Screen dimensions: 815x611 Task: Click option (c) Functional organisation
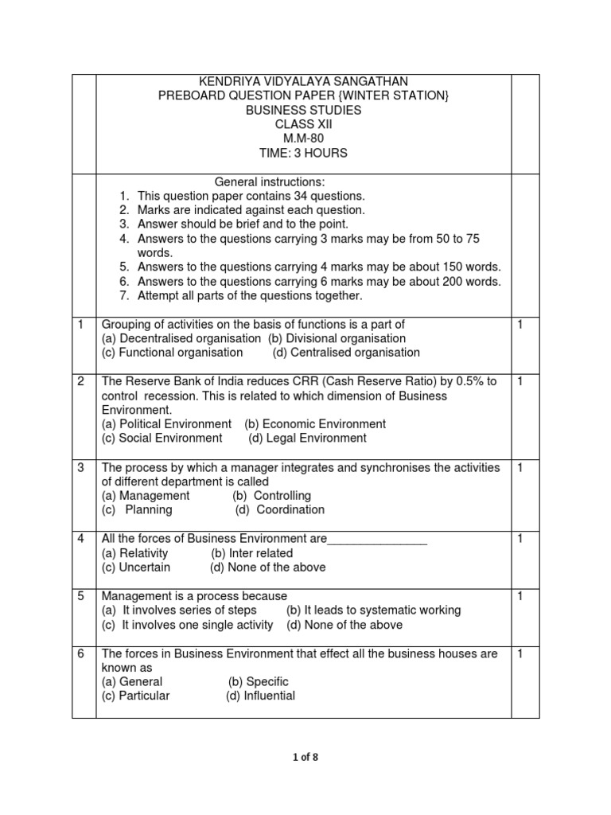click(x=173, y=353)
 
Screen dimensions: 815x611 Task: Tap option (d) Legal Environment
click(x=307, y=439)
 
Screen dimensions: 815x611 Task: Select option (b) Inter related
click(x=252, y=553)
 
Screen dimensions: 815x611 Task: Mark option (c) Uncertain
click(x=136, y=567)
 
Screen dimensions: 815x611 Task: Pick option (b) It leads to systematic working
click(x=373, y=610)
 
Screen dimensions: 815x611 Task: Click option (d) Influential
click(x=260, y=696)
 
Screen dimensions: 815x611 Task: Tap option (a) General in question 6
click(x=132, y=682)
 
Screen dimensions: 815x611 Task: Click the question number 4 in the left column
click(x=81, y=539)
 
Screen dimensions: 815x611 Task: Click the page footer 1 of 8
click(x=305, y=757)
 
